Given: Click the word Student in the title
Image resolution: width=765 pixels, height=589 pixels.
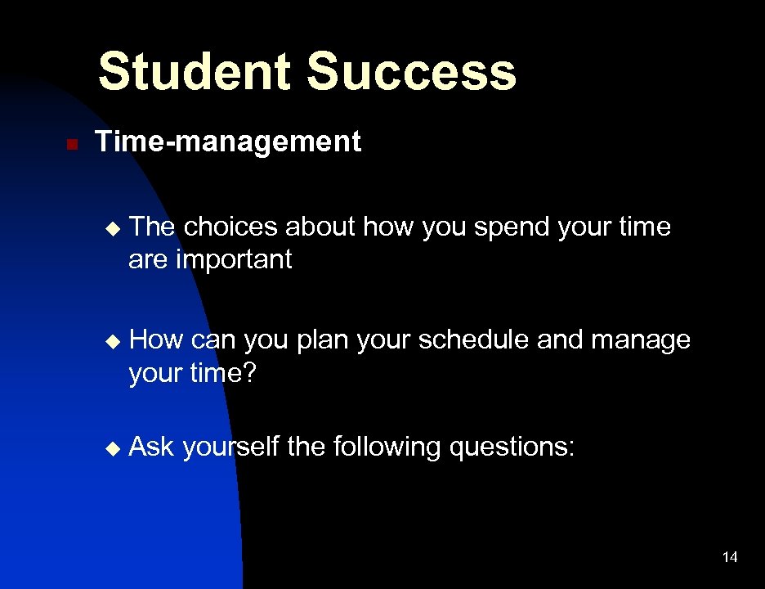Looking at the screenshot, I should [x=194, y=71].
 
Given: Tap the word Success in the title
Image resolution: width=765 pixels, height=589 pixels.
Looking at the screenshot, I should [x=411, y=71].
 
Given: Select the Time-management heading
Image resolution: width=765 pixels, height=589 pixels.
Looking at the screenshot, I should [x=228, y=142].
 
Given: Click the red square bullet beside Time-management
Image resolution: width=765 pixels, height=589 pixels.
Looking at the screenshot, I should [x=71, y=145].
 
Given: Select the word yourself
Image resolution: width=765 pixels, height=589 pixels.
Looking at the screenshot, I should [x=230, y=447].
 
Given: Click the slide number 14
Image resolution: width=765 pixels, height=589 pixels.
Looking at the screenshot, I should [x=730, y=557].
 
